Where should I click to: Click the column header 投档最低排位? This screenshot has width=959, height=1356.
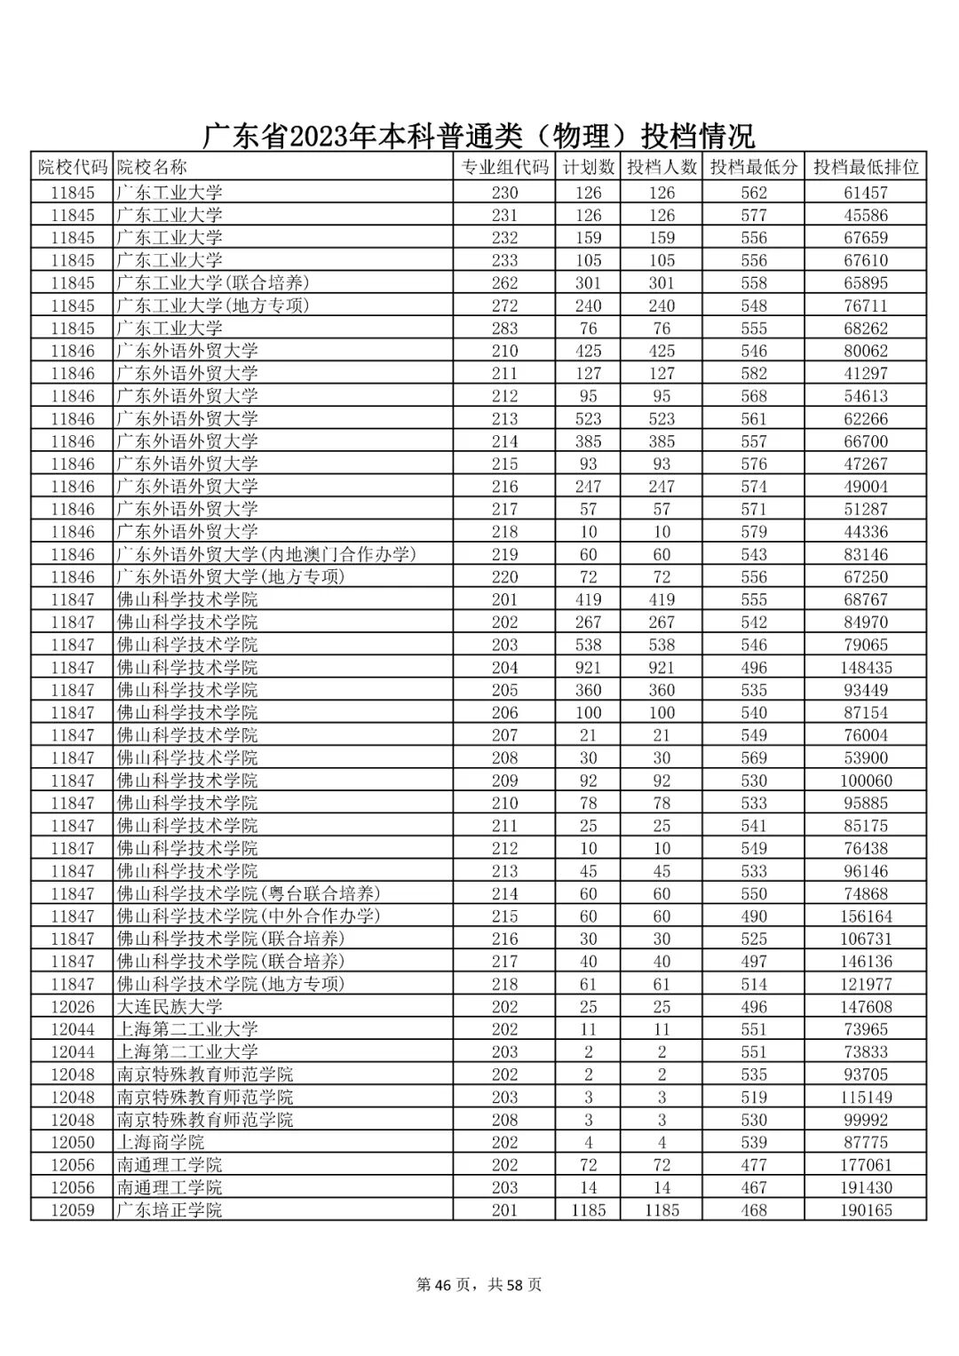point(866,167)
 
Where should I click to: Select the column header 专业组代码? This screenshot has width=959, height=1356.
point(504,167)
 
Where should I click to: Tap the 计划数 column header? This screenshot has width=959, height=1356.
point(588,167)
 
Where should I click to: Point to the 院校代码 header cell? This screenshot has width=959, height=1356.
point(72,167)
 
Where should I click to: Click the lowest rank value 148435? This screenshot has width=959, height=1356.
point(866,668)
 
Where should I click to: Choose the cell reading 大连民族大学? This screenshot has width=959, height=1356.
point(170,1007)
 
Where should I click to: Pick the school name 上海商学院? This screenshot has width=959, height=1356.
point(161,1143)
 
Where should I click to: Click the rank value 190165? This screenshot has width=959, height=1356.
point(866,1210)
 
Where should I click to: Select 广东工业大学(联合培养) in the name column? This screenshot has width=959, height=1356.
point(213,283)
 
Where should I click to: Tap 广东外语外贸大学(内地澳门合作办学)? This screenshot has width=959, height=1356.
point(266,554)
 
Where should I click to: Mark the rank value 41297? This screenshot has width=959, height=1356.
point(866,374)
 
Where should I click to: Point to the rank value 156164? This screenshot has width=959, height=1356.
point(866,916)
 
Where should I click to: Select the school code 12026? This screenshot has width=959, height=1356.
point(72,1007)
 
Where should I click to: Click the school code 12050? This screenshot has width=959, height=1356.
point(72,1143)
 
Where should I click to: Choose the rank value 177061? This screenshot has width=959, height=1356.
point(866,1165)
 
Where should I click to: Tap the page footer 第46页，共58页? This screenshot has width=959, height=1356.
point(479,1285)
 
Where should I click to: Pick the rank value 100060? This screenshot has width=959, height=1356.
point(866,781)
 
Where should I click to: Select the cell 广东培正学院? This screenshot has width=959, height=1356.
point(170,1210)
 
